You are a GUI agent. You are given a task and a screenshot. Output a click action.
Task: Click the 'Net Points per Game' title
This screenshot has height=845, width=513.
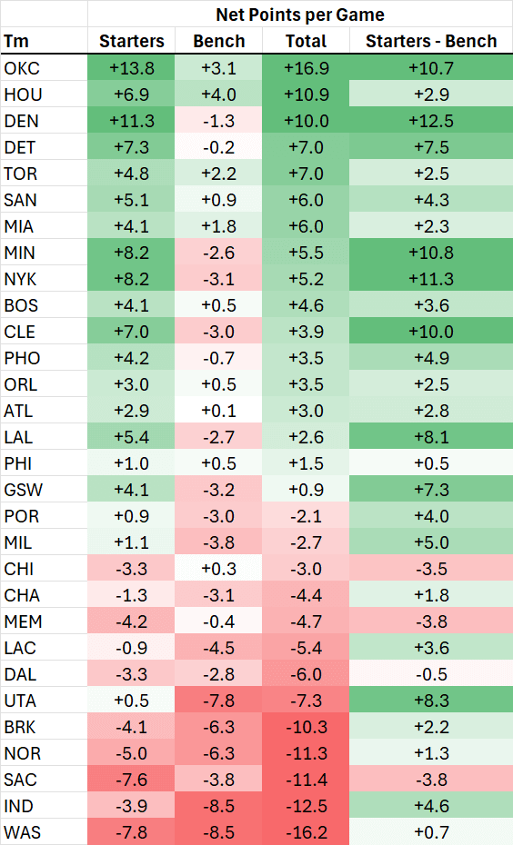tap(300, 15)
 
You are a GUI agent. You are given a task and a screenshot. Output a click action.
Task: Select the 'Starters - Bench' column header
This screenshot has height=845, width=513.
tap(431, 41)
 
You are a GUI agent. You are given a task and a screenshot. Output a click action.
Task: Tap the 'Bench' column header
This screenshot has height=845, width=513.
tap(219, 41)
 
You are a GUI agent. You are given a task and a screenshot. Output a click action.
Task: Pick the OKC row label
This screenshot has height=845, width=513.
tap(21, 67)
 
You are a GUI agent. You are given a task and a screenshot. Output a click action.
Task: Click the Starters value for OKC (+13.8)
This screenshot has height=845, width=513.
tap(132, 67)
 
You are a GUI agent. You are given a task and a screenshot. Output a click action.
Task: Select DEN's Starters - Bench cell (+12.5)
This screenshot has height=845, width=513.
tap(431, 120)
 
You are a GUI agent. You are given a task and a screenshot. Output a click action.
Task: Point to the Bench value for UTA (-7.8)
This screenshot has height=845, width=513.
tap(219, 700)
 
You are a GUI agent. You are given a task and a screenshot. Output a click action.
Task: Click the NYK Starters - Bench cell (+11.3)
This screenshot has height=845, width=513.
tap(431, 278)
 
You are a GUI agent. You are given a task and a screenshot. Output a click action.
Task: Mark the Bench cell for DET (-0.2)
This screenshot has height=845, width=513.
tap(219, 146)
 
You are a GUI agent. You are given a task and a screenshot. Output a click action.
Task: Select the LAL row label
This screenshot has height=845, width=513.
tap(19, 436)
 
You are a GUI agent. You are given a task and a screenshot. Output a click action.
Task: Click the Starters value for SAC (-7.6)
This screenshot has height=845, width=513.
tap(132, 779)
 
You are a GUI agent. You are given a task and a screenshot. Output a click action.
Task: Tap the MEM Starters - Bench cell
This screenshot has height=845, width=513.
tap(431, 621)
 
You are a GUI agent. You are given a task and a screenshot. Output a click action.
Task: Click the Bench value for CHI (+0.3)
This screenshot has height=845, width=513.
tap(219, 568)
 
